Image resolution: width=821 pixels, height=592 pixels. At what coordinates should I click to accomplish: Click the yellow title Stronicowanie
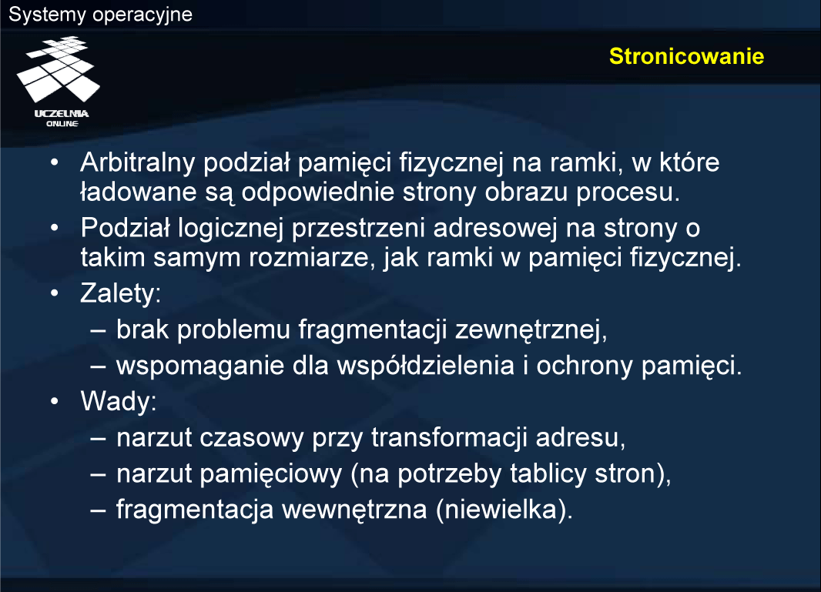tap(686, 56)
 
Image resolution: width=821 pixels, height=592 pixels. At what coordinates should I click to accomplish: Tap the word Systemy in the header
tap(47, 15)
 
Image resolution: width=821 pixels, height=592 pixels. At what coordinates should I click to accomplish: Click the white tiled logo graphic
tap(58, 69)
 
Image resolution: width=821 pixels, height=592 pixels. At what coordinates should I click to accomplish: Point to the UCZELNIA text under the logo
tap(62, 114)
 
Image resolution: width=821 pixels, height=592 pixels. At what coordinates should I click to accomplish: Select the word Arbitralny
tap(138, 162)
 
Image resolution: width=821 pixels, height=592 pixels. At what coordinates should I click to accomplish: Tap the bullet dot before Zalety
tap(55, 293)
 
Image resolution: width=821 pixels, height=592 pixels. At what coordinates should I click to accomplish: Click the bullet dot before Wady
tap(55, 402)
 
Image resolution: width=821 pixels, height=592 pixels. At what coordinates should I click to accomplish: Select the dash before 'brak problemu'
tap(98, 331)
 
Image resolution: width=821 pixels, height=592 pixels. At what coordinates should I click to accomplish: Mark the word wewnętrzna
tap(354, 510)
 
